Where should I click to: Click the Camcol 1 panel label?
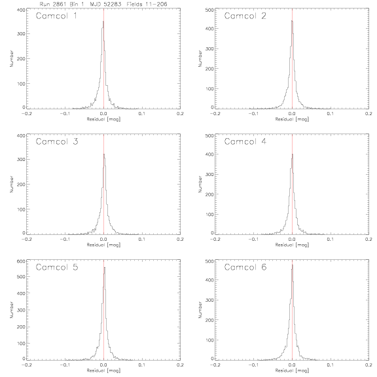56,16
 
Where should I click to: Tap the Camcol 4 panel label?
245,141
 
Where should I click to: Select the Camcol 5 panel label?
57,267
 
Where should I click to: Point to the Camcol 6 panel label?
245,267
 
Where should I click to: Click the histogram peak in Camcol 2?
292,21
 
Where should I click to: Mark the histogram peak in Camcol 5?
105,267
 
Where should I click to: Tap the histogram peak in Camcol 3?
104,154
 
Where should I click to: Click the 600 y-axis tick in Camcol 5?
21,261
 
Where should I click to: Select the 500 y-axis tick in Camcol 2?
209,10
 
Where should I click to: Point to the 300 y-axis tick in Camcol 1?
21,33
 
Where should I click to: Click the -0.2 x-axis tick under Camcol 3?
26,240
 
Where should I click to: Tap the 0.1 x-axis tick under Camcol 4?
331,240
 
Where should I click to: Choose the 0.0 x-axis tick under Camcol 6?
292,365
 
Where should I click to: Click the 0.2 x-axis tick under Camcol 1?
180,113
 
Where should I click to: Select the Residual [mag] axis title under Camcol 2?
292,119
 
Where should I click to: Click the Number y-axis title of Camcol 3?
11,184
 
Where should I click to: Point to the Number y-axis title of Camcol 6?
200,310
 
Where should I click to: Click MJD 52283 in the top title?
105,4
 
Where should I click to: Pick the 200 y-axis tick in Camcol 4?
209,194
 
